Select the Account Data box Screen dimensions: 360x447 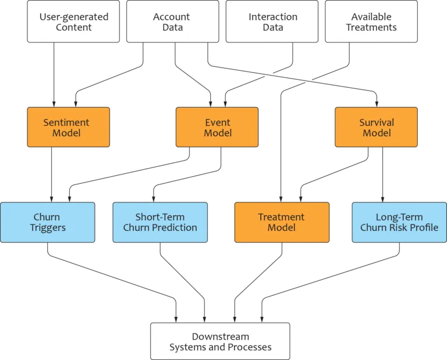[172, 22]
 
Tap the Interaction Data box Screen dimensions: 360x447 [272, 22]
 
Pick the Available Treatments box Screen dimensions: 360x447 [371, 22]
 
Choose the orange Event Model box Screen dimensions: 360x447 [218, 127]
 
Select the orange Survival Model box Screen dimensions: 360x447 [376, 127]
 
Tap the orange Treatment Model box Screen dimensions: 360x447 [282, 222]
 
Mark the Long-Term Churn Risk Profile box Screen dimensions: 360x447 [399, 222]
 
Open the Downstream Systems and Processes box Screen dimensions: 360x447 [220, 341]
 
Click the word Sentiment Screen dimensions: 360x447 [66, 122]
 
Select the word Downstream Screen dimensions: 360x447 [220, 336]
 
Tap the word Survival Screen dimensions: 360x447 [376, 122]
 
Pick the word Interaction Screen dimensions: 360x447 [272, 16]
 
